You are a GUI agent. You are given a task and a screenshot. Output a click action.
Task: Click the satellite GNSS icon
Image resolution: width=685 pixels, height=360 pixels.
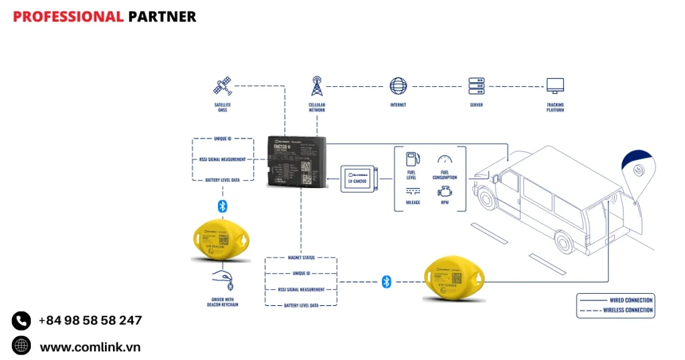coord(222,86)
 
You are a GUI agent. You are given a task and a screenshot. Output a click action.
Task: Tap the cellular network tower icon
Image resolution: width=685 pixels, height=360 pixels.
coord(316,86)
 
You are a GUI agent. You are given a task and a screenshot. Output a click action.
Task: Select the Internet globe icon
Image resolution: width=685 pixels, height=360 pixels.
coord(398,86)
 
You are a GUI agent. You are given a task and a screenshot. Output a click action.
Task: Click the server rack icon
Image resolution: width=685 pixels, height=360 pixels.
coord(476,86)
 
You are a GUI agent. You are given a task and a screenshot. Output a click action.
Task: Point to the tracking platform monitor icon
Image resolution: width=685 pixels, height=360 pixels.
coord(555,86)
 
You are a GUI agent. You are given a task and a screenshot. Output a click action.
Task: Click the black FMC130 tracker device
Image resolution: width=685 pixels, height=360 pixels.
coord(298,161)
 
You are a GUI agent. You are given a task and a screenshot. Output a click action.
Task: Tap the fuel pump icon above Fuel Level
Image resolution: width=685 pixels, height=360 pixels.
coord(413,159)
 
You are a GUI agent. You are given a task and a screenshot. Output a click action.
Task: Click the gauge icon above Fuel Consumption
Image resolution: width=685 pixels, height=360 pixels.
coord(445,159)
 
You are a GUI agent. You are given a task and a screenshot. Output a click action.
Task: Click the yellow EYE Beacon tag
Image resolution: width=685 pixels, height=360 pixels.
coord(220,238)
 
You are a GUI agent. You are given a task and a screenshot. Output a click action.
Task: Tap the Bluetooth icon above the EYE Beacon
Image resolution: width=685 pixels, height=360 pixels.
coord(223,205)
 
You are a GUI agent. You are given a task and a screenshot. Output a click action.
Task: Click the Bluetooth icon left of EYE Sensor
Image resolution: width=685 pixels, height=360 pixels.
coord(386,282)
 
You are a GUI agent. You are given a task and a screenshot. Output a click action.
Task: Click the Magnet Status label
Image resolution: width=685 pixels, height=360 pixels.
coord(301,258)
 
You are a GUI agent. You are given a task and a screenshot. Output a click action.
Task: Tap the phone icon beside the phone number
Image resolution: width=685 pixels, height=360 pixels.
coord(21,321)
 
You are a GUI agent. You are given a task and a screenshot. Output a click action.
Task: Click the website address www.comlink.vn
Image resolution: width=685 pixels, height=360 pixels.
coord(90,347)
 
